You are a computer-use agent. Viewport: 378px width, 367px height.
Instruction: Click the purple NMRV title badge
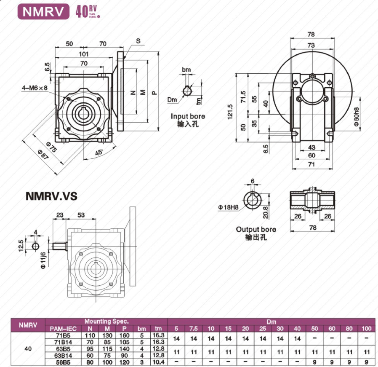pyautogui.click(x=43, y=11)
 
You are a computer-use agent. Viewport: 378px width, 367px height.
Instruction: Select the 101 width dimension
pyautogui.click(x=84, y=54)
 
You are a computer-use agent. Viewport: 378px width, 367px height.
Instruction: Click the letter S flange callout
pyautogui.click(x=138, y=41)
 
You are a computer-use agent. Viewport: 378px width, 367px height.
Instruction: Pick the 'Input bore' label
pyautogui.click(x=188, y=116)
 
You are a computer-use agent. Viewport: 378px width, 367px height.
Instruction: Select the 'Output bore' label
pyautogui.click(x=256, y=229)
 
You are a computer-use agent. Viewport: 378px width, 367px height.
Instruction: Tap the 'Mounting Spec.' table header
pyautogui.click(x=106, y=321)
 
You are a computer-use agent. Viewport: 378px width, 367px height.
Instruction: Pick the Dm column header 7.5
pyautogui.click(x=194, y=328)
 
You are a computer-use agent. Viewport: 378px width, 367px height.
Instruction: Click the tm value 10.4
pyautogui.click(x=158, y=362)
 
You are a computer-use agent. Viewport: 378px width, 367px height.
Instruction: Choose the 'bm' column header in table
pyautogui.click(x=142, y=328)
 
